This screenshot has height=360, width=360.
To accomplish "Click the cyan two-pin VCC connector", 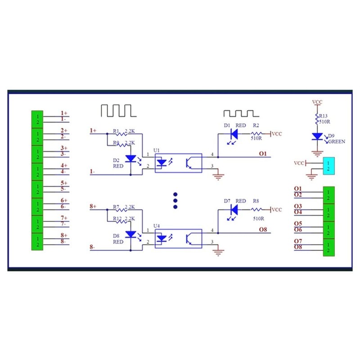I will [329, 166].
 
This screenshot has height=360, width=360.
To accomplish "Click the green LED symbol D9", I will [318, 136].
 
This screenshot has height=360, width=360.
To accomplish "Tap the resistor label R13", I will [324, 116].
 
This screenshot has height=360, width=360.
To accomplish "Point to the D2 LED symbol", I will [131, 159].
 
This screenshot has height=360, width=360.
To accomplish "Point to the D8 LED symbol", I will [131, 234].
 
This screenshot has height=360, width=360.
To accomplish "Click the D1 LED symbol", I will [233, 134].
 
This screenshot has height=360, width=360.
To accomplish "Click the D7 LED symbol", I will [233, 209].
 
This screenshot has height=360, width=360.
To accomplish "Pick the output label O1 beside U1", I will [263, 153].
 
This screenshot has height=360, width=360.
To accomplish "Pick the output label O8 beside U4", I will [263, 229].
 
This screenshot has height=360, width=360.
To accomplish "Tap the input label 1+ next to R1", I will [93, 130].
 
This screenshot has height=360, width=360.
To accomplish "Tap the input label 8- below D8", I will [92, 247].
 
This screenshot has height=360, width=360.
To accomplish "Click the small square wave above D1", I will [238, 112].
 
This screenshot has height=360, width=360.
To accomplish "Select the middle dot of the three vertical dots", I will [175, 200].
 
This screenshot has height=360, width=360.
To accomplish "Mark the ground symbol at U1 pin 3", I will [219, 176].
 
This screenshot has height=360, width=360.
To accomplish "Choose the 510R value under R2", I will [256, 139].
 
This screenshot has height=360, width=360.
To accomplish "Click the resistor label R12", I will [117, 218].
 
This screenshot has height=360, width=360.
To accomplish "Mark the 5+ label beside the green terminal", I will [64, 183].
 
